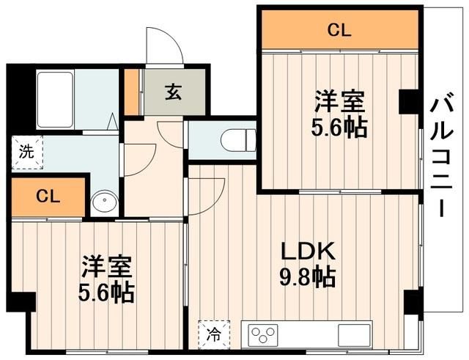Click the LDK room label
[x=308, y=251]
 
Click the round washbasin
[x=105, y=202]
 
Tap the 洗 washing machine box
[x=26, y=153]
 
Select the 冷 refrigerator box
[x=213, y=334]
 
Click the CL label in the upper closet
[x=339, y=30]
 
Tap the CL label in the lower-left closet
[x=48, y=196]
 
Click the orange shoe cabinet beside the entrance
[x=133, y=92]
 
